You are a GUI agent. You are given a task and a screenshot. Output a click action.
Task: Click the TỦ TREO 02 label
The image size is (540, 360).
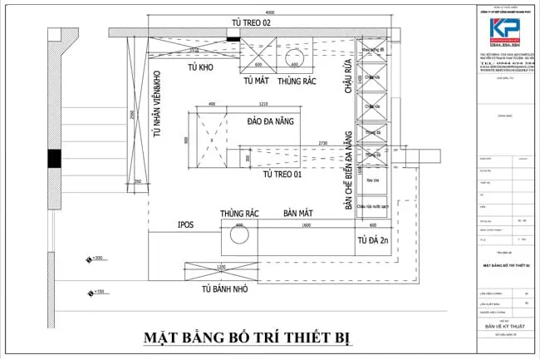[244, 22]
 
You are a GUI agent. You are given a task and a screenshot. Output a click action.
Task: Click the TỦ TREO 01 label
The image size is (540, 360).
[282, 175]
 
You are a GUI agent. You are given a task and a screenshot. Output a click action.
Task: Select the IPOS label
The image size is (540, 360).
[186, 224]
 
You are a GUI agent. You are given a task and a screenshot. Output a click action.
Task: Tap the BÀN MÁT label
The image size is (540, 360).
[296, 214]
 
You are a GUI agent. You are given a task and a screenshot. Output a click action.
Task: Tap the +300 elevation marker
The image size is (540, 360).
[96, 259]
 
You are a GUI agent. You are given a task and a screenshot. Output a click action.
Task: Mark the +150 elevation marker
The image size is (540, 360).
[96, 292]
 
